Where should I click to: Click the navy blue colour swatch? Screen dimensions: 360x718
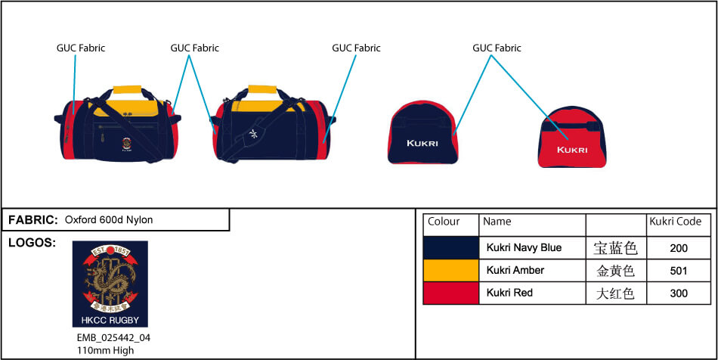(x=451, y=247)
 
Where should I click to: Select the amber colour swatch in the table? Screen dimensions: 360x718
(x=451, y=270)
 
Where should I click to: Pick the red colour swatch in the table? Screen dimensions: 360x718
(x=451, y=293)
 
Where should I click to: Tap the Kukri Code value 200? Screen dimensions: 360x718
(x=679, y=248)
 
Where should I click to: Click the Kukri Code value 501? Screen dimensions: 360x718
(x=679, y=271)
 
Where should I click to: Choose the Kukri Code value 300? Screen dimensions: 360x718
(x=679, y=293)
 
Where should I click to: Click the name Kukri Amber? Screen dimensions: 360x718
(x=515, y=270)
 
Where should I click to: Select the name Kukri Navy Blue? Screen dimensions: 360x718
(x=524, y=247)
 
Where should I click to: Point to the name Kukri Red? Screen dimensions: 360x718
(x=509, y=293)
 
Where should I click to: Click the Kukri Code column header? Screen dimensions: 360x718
(x=676, y=222)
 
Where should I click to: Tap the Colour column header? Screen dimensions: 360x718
(x=444, y=222)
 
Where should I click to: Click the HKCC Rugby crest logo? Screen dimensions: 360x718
(x=110, y=284)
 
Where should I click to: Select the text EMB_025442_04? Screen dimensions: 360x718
(x=108, y=338)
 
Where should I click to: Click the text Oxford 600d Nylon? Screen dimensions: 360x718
(x=109, y=220)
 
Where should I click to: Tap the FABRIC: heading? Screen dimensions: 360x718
(x=33, y=220)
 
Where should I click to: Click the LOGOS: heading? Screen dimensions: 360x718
(x=32, y=243)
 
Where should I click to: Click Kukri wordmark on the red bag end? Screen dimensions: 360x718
(x=571, y=149)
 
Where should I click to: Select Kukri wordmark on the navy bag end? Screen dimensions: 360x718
(x=422, y=143)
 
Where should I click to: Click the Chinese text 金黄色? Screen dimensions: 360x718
(x=615, y=271)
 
